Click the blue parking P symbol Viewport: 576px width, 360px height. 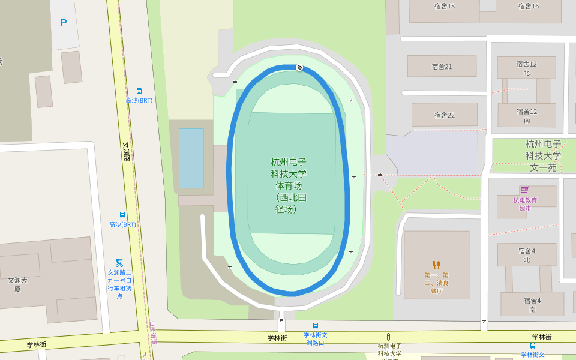(64, 23)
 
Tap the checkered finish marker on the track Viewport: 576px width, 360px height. (299, 67)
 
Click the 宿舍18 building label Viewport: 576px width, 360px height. (445, 6)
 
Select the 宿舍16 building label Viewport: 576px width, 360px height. (529, 6)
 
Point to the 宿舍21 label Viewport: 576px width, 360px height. (442, 67)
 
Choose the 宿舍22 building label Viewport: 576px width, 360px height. (445, 115)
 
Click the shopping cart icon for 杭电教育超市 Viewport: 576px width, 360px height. (524, 190)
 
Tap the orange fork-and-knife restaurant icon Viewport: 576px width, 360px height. (436, 265)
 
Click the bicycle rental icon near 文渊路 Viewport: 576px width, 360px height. (119, 263)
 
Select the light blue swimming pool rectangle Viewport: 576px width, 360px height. (191, 158)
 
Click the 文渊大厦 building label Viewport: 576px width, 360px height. (17, 284)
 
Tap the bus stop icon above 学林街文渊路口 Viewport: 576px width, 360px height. (316, 326)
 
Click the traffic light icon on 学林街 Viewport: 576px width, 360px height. (388, 337)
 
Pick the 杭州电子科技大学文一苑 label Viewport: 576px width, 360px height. (544, 155)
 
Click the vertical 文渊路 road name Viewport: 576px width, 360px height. (126, 151)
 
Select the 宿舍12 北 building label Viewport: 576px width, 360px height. (526, 68)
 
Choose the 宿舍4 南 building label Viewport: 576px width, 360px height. (532, 305)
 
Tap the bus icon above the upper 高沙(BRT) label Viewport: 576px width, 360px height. (139, 91)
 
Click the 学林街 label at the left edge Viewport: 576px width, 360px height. (37, 345)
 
